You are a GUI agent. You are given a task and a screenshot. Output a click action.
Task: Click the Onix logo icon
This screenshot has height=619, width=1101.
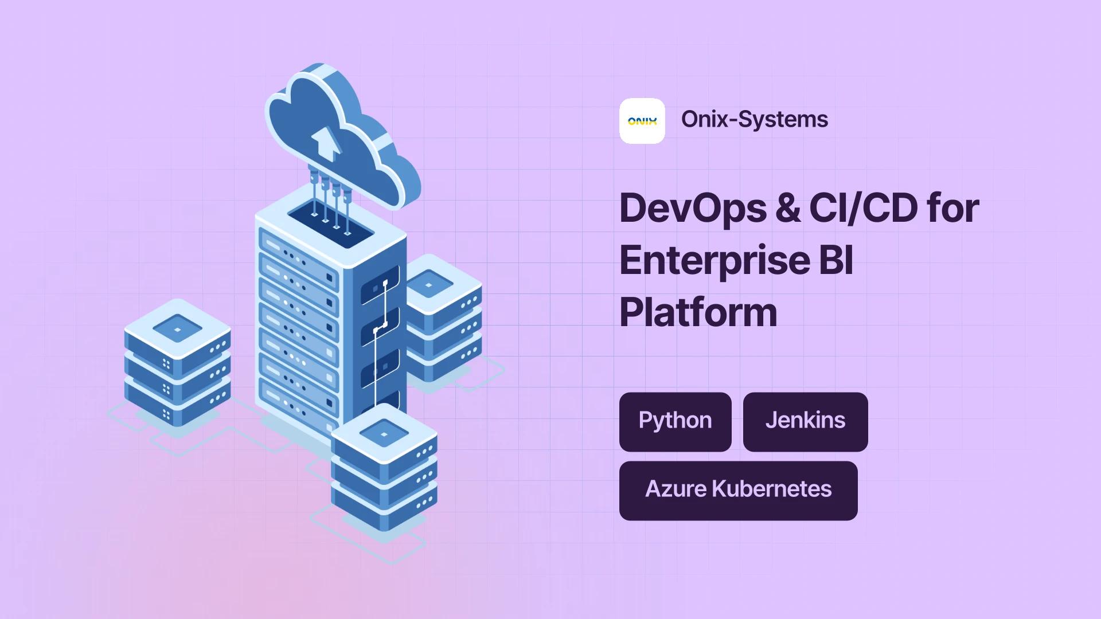coord(642,121)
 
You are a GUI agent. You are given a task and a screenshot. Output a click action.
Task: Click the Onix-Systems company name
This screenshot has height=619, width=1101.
coord(755,119)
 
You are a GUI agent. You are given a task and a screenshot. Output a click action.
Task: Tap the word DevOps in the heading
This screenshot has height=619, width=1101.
coord(693,209)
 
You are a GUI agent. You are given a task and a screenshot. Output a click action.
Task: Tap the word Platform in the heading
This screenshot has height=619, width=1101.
coord(698,312)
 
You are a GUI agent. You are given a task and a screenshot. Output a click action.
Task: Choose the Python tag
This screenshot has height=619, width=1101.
coord(676,422)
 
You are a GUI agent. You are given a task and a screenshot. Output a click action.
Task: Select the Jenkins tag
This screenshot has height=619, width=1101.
coord(806,422)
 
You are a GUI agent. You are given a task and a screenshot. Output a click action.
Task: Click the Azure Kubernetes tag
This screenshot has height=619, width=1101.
coord(739,491)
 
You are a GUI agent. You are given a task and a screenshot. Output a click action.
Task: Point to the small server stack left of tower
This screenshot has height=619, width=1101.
coord(178,363)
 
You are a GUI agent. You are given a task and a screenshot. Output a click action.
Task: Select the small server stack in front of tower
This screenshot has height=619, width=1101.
coord(384,467)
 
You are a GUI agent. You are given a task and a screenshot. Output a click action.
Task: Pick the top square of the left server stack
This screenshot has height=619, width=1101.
coord(178,329)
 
